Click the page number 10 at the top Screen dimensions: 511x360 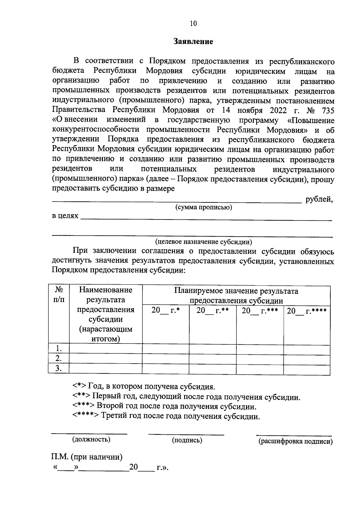pos(193,23)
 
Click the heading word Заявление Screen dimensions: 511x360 pos(193,41)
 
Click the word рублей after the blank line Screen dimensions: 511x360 pos(319,199)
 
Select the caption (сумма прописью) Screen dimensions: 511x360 pos(203,207)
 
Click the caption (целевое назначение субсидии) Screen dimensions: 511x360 pos(203,242)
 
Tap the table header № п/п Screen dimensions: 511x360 pos(59,295)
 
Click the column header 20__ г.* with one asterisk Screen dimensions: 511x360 pos(165,310)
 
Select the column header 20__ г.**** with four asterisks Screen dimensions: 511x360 pos(307,311)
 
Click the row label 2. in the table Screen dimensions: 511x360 pos(59,358)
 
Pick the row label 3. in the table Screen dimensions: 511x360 pos(59,368)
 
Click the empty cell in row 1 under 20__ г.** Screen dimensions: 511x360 pos(212,348)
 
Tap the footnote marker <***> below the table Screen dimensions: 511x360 pos(83,407)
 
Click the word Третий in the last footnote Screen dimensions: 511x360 pos(113,416)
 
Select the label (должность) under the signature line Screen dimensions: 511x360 pos(91,440)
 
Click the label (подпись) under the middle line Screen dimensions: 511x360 pos(187,440)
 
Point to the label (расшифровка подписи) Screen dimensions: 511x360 pos(295,441)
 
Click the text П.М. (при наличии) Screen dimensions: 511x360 pos(87,457)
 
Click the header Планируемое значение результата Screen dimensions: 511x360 pos(236,291)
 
